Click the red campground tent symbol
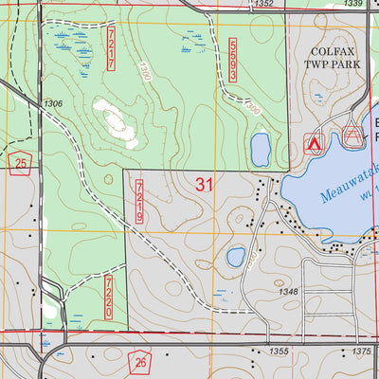coord(313,144)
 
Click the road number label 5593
coord(232,59)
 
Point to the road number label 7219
coord(139,202)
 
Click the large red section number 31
coord(204,185)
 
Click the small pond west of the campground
coord(261,147)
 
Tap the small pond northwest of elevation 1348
coord(236,257)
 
